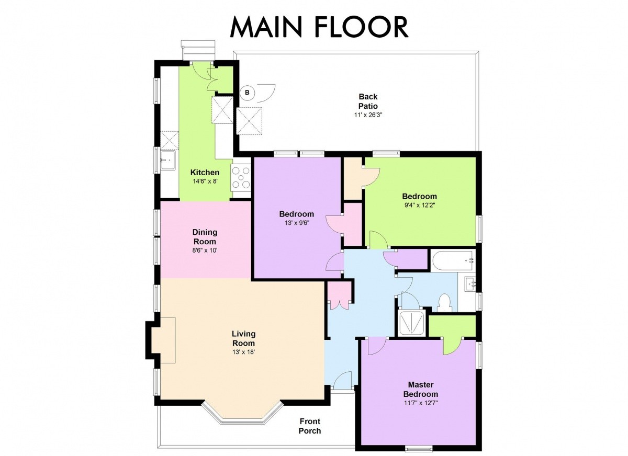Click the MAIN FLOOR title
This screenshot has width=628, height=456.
(x=319, y=27)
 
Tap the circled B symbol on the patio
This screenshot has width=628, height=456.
(x=247, y=93)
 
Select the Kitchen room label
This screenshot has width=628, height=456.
(x=205, y=172)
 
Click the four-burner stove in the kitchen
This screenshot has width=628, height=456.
(x=241, y=177)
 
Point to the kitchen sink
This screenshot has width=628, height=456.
(x=168, y=160)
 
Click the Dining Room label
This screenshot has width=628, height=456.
(x=205, y=237)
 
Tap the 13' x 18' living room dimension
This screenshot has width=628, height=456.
(x=243, y=352)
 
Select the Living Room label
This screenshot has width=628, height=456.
(x=244, y=338)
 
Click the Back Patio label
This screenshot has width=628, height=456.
(x=368, y=101)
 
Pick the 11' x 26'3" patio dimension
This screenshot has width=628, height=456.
(x=368, y=115)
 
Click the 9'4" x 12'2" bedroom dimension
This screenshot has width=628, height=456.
(x=419, y=205)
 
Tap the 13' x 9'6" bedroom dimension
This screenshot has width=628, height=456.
(x=296, y=223)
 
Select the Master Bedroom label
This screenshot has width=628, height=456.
(x=421, y=390)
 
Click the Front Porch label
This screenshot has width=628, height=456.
(x=310, y=426)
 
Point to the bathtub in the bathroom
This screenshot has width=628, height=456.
(x=453, y=261)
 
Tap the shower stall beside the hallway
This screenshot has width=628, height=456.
(x=411, y=323)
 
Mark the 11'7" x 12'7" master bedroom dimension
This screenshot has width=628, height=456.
(x=421, y=403)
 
